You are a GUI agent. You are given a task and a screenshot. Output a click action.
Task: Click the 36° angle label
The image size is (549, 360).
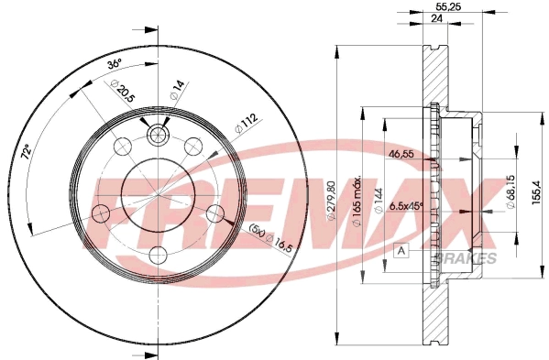(x=115, y=65)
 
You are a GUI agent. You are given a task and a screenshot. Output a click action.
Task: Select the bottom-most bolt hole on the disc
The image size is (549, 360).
(x=158, y=255)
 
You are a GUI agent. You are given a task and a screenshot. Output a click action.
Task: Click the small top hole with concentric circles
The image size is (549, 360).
(x=158, y=136)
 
